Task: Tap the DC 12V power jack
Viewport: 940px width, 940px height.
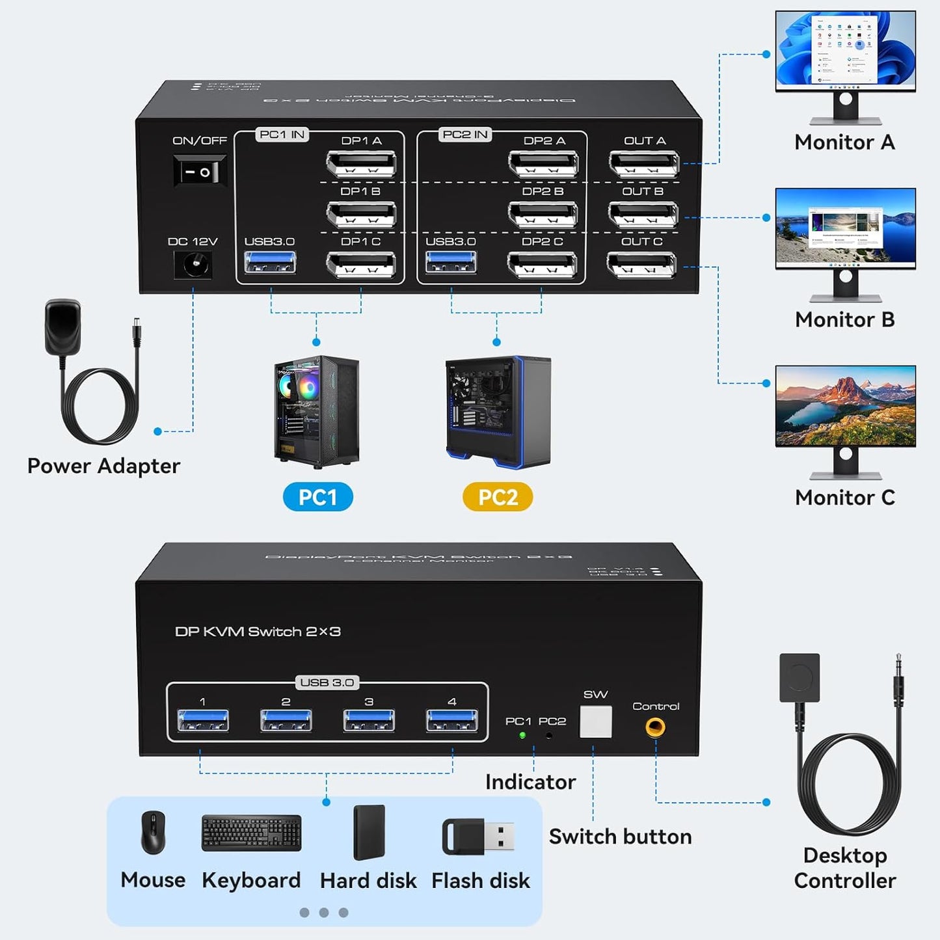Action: [193, 265]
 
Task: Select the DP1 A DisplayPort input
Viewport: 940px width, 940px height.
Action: [361, 164]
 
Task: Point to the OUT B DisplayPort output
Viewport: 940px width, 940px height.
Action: [643, 213]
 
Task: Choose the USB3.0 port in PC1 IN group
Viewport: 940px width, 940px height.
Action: [270, 263]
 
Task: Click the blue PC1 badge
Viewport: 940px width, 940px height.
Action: [317, 497]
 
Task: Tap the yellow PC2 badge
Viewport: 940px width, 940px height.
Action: [498, 497]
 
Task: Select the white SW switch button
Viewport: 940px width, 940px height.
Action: [595, 722]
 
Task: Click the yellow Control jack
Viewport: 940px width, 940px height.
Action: [655, 727]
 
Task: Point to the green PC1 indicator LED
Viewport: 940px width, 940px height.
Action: [522, 736]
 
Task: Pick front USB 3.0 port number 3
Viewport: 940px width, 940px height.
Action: [369, 721]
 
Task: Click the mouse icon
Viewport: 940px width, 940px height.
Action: [154, 833]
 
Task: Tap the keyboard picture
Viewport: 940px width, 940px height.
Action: [251, 833]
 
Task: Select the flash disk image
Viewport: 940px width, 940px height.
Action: [478, 837]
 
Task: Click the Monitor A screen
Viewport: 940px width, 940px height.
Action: [845, 51]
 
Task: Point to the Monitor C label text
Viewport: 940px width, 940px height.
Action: [844, 498]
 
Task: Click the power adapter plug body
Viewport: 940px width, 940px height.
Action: [63, 327]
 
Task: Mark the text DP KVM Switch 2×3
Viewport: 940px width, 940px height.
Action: [258, 632]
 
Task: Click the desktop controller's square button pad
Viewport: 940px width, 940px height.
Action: [799, 678]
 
